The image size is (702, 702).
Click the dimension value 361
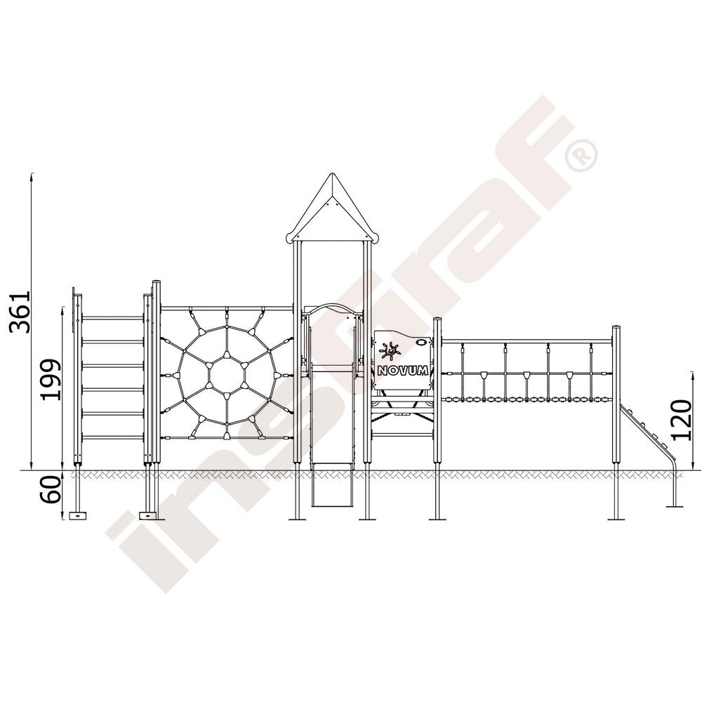click(x=20, y=312)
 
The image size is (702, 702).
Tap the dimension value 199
click(x=50, y=379)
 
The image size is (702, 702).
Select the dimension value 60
click(x=50, y=489)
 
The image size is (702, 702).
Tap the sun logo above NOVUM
click(x=390, y=350)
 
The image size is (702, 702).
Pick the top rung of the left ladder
click(x=112, y=318)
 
